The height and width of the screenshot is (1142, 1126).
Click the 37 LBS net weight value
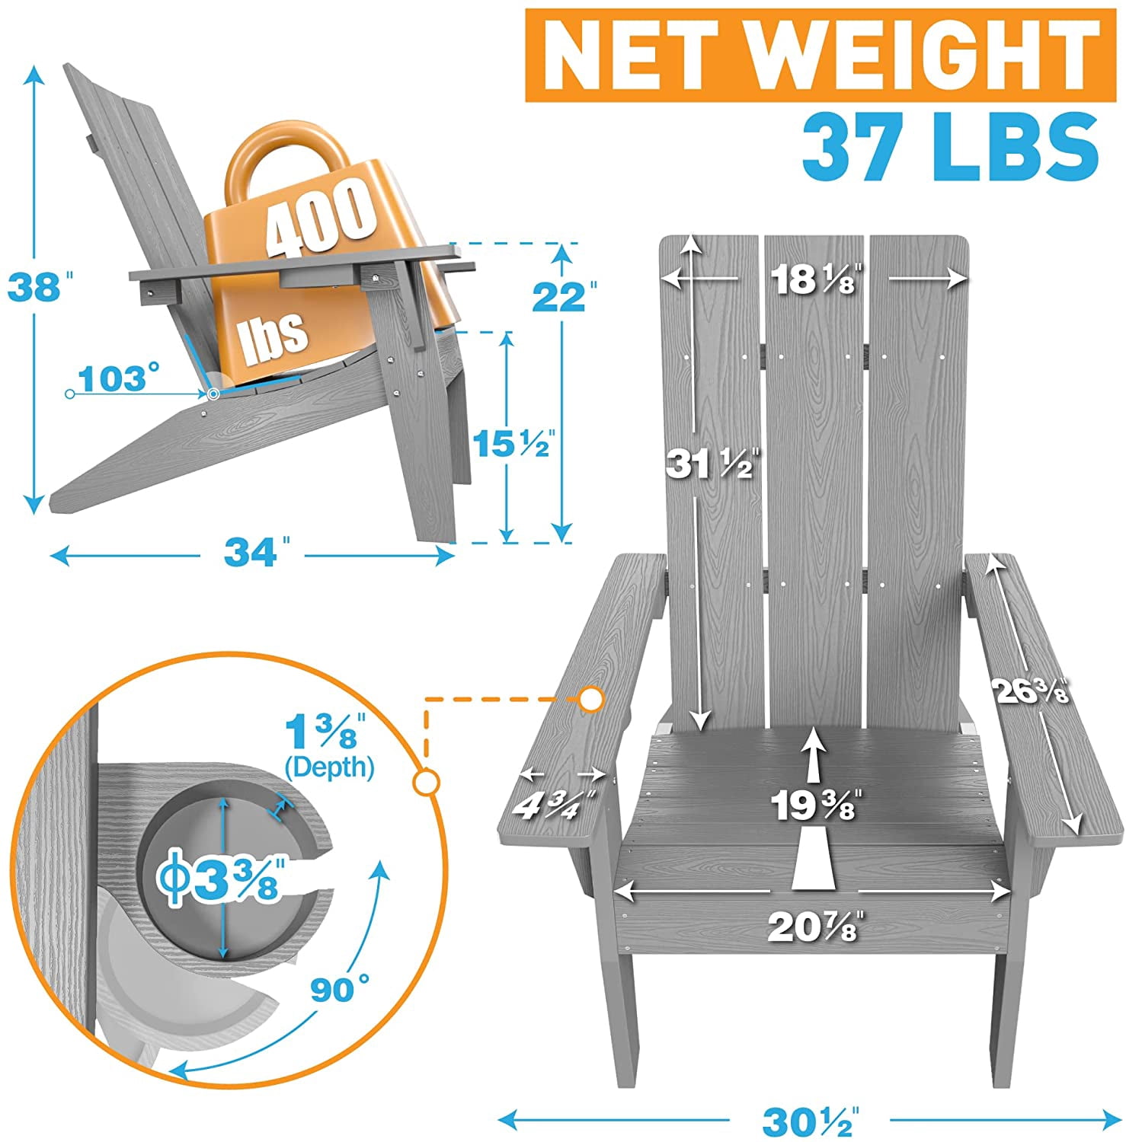[x=950, y=147]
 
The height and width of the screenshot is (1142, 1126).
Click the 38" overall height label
[x=34, y=288]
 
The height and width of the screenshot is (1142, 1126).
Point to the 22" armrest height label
[x=563, y=296]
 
